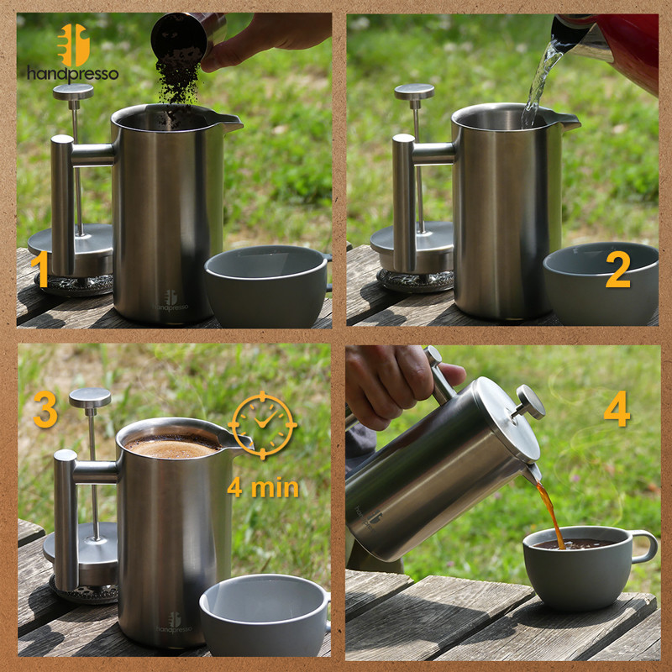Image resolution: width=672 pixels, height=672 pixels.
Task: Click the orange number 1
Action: click(40, 269)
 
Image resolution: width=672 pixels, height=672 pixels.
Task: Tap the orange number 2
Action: click(618, 269)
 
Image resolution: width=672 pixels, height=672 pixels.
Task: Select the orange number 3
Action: click(45, 409)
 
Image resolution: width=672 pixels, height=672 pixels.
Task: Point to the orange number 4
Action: click(617, 408)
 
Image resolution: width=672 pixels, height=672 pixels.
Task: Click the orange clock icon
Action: click(262, 425)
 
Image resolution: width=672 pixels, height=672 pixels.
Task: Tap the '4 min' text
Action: click(263, 488)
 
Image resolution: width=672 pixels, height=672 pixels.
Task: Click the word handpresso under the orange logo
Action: click(73, 74)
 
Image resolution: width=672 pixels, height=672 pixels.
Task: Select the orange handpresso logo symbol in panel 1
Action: click(73, 45)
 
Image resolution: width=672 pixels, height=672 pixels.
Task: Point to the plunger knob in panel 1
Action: click(73, 92)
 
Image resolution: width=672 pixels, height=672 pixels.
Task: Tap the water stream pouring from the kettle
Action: click(540, 81)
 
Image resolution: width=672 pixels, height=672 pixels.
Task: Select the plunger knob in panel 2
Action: click(414, 92)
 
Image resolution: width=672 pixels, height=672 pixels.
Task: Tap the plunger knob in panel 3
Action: click(90, 397)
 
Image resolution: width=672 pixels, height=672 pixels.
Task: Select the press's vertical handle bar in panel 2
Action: click(403, 202)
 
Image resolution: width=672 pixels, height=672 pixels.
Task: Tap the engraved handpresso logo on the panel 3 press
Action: click(175, 623)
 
